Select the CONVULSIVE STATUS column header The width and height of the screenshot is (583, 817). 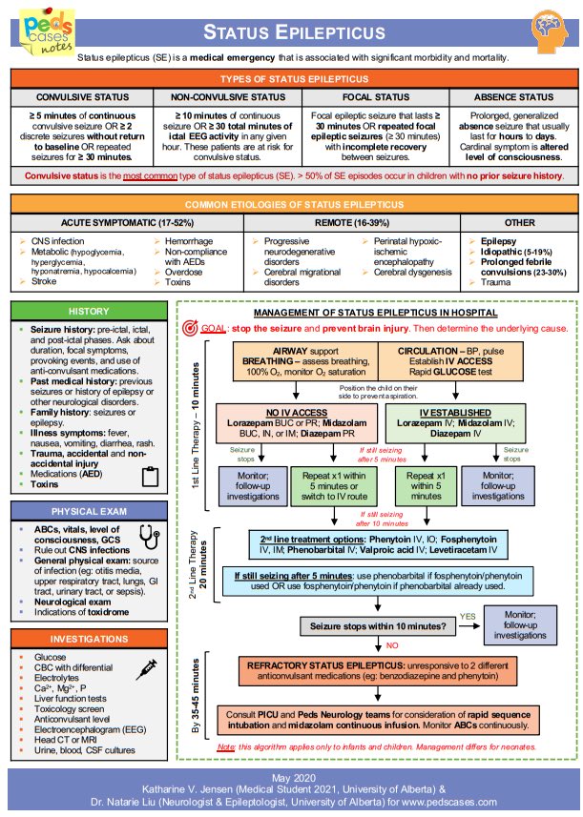[77, 97]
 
